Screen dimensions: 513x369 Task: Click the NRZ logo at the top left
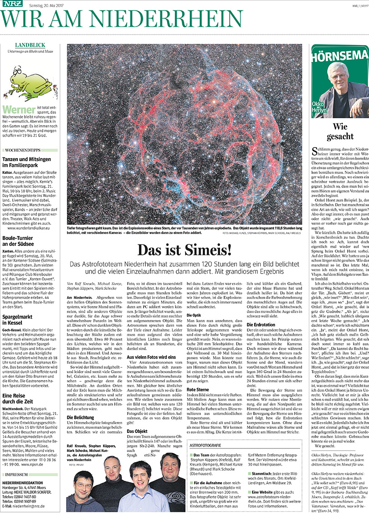click(x=12, y=5)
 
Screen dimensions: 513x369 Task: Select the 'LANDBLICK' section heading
click(x=30, y=45)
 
